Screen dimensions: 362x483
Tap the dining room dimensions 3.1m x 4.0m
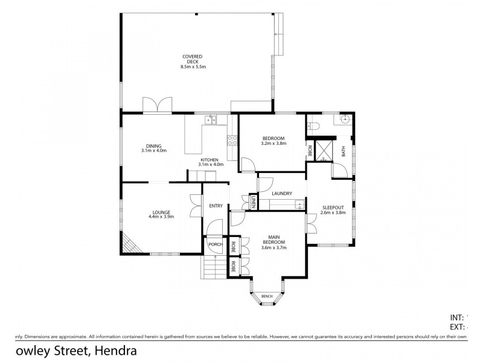tap(153, 150)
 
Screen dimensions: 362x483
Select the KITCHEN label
tap(211, 159)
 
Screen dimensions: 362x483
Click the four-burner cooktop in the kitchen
tap(231, 141)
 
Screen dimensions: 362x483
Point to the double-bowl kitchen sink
tap(211, 120)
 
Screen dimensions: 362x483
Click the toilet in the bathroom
tap(312, 125)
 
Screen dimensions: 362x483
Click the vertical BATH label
tap(344, 151)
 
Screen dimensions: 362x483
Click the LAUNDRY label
tap(282, 194)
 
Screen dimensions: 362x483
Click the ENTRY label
tap(216, 206)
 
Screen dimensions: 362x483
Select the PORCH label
tap(215, 244)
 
